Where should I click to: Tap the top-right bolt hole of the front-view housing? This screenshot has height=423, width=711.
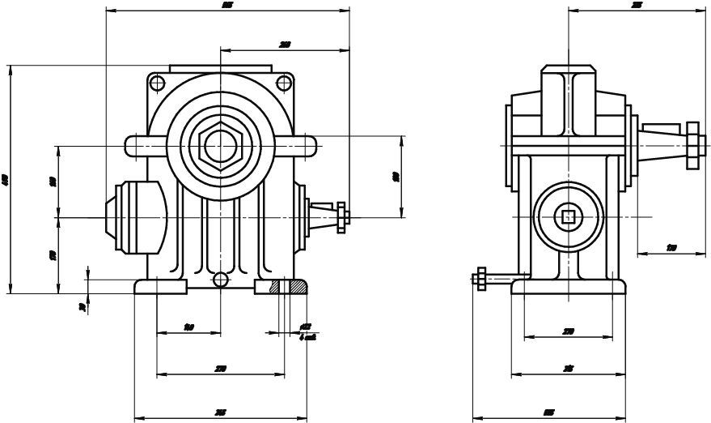[x=282, y=82]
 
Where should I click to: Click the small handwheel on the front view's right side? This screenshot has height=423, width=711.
[x=344, y=216]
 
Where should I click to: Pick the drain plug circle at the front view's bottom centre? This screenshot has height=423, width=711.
[x=219, y=280]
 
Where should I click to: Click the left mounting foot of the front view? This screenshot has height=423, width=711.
[x=160, y=287]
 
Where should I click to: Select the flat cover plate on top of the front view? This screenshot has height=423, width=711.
[x=219, y=69]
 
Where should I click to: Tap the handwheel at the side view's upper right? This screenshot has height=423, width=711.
[x=692, y=146]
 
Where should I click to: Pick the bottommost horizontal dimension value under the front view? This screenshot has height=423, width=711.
[x=220, y=413]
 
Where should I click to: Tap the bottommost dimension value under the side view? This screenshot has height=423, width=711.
[x=549, y=413]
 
